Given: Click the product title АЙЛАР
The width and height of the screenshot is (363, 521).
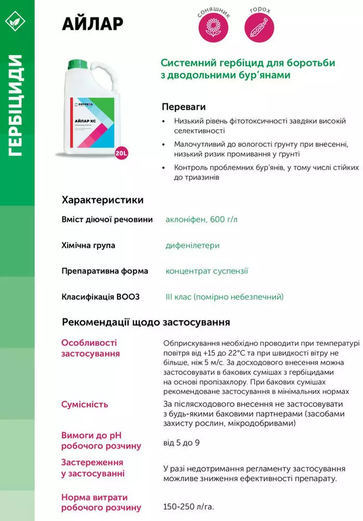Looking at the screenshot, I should (93, 23).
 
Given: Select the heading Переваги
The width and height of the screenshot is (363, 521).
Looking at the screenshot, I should (180, 106).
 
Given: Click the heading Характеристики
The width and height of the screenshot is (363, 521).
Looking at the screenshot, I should (102, 200).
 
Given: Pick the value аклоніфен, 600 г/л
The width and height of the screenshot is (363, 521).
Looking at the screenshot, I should (201, 219).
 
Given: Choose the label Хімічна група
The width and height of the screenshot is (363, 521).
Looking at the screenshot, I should (88, 245).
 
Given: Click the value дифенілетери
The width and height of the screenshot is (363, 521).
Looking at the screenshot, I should (192, 245).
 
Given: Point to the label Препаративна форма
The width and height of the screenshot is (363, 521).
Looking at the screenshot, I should (105, 271).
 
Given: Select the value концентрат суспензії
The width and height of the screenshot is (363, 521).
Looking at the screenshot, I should (206, 271).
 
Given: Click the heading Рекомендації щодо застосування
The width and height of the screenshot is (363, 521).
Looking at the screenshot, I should (146, 322).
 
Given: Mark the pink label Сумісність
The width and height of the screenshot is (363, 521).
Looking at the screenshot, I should (85, 404).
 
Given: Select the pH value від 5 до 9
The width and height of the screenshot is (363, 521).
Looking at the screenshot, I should (181, 442).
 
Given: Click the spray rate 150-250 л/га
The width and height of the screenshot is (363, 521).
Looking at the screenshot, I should (188, 506).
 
